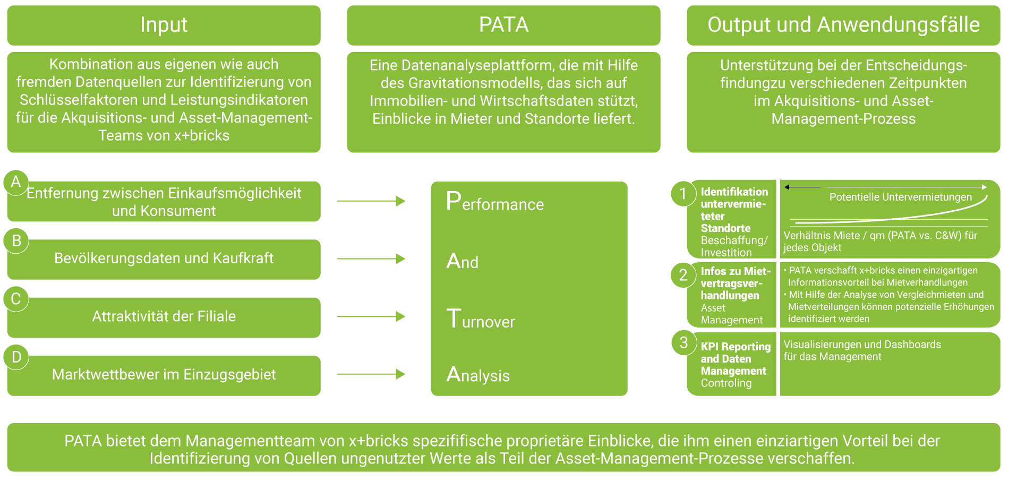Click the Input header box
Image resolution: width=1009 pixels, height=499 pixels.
[x=164, y=25]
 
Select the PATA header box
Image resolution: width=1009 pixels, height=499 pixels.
[x=503, y=25]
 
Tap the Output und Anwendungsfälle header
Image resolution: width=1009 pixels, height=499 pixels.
[x=843, y=25]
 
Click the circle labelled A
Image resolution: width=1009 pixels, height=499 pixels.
[x=16, y=182]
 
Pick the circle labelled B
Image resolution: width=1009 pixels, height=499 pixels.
[x=16, y=241]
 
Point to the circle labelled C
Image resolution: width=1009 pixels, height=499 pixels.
[x=16, y=299]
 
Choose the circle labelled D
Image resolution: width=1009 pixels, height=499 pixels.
[x=16, y=357]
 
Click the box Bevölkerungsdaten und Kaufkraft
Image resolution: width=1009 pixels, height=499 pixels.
[x=164, y=259]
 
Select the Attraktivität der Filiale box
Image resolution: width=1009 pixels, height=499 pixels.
[x=164, y=317]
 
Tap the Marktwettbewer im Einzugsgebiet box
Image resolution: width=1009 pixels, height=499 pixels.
[x=164, y=375]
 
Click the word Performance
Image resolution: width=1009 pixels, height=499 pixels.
[x=495, y=203]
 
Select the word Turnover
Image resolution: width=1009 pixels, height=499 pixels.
[x=481, y=320]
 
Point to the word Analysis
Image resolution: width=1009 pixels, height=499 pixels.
[x=478, y=375]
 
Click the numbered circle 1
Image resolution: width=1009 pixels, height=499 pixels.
[x=683, y=194]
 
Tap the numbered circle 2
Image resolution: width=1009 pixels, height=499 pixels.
[x=683, y=275]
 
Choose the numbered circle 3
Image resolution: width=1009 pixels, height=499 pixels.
[x=683, y=343]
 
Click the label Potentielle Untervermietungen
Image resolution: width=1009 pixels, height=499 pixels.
[x=900, y=197]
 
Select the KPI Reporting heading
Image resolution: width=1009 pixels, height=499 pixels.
[x=736, y=347]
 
